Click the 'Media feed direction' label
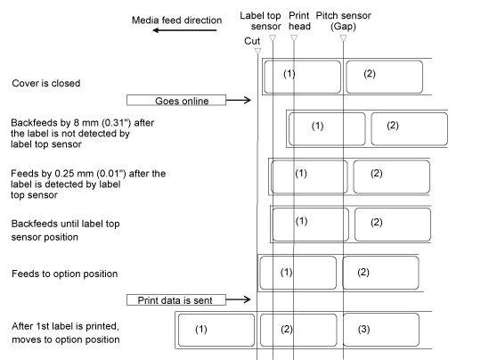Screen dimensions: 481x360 click(176, 20)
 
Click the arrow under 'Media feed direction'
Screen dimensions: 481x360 click(184, 30)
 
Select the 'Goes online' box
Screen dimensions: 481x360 click(176, 101)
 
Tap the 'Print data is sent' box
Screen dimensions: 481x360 click(176, 299)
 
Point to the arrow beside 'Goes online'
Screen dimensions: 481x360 click(239, 100)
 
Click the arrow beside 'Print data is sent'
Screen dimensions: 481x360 click(239, 299)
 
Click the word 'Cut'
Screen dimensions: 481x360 click(252, 41)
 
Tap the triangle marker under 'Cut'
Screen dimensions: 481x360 click(257, 52)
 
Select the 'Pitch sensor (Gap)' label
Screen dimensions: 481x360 click(344, 20)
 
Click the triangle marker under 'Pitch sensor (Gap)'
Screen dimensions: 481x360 click(343, 38)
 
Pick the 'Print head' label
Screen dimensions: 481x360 click(299, 20)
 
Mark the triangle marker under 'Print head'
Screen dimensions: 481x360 click(294, 38)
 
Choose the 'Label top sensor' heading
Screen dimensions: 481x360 click(260, 20)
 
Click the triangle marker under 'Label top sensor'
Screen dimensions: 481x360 click(273, 38)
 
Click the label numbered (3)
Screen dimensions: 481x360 click(381, 330)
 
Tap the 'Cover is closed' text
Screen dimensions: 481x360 click(46, 83)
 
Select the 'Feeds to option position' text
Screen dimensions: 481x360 click(65, 274)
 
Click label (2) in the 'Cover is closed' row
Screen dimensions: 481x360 click(385, 77)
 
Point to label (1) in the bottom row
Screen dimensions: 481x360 click(216, 330)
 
